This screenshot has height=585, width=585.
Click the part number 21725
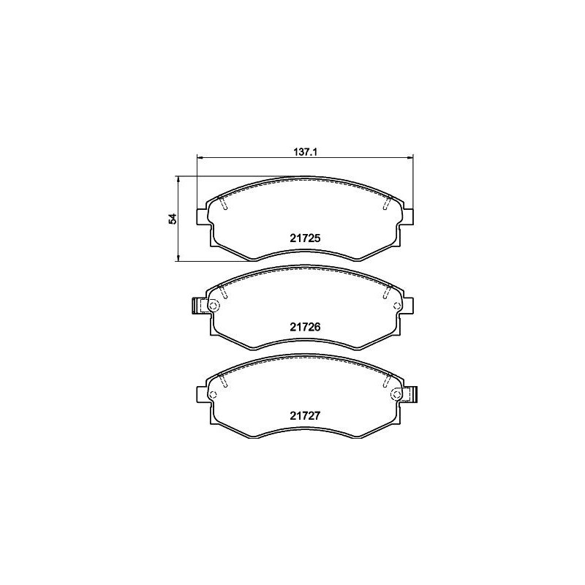tap(305, 238)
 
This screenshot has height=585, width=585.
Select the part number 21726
tap(305, 327)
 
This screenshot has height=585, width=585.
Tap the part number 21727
tap(305, 415)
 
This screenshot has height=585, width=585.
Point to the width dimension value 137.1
tap(305, 152)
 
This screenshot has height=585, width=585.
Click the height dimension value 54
tap(173, 219)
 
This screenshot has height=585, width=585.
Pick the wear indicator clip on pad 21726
tap(196, 306)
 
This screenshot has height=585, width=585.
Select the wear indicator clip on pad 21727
tap(412, 394)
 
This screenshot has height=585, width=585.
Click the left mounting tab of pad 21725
tap(203, 216)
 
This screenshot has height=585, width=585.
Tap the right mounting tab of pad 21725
tap(407, 216)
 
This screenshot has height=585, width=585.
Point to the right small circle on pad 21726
tap(396, 306)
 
